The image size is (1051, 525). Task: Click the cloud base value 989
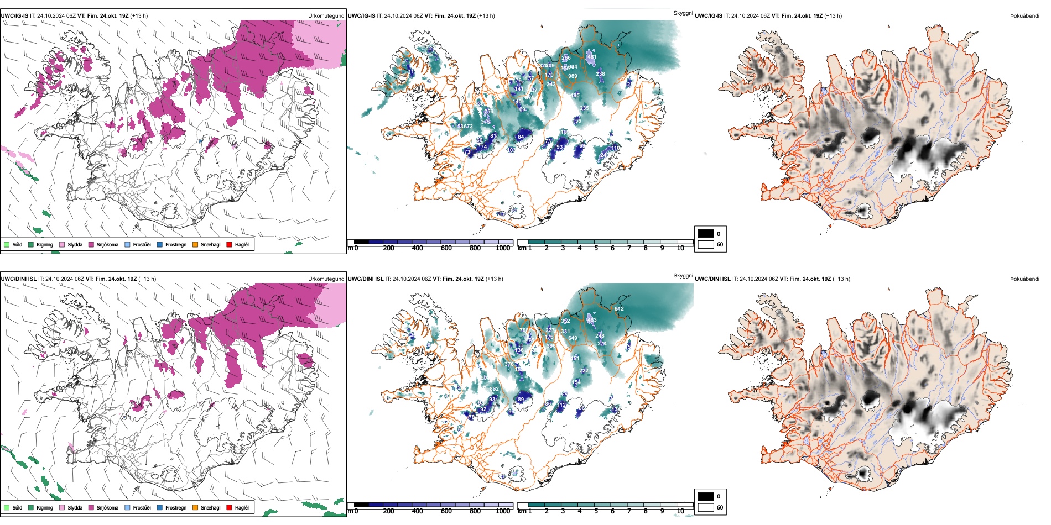[x=573, y=76]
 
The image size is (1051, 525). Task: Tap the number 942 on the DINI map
[x=619, y=309]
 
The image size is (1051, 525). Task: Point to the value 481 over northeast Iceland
[x=591, y=57]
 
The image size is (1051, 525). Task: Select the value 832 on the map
[x=494, y=389]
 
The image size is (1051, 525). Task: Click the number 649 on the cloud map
[x=573, y=338]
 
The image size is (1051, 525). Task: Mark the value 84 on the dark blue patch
[x=521, y=137]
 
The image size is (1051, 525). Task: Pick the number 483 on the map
[x=592, y=320]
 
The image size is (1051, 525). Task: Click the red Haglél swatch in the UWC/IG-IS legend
[x=229, y=244]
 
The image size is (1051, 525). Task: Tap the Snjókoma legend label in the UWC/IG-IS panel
[x=107, y=245]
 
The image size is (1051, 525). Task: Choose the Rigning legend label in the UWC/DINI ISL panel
[x=45, y=508]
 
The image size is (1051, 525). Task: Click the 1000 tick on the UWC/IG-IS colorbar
[x=503, y=249]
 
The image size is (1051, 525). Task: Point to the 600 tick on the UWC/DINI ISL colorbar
[x=446, y=511]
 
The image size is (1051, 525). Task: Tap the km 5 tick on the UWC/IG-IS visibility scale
[x=596, y=249]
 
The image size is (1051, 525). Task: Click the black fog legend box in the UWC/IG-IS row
[x=706, y=234]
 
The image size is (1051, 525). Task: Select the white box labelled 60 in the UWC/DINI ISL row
[x=706, y=507]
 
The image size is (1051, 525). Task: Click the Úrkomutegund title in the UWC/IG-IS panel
[x=326, y=16]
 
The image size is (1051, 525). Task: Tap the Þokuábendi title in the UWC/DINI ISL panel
[x=1024, y=279]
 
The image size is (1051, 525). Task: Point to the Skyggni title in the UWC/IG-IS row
[x=683, y=13]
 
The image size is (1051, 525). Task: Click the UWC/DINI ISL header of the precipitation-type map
[x=18, y=279]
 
